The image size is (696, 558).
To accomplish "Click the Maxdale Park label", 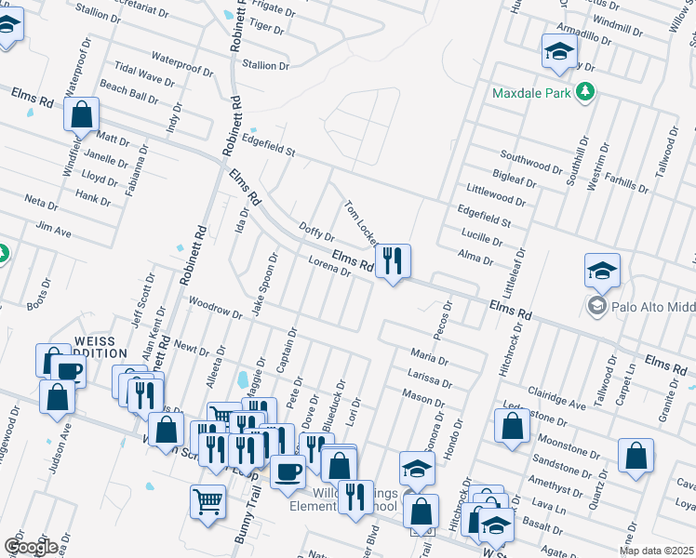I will [x=532, y=93].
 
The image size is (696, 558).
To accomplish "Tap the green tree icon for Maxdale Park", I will [x=585, y=92].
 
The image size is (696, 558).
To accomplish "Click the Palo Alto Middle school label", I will [x=652, y=306].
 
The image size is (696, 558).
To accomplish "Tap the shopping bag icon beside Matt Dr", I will [x=82, y=115].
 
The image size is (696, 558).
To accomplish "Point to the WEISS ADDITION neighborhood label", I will [x=100, y=347].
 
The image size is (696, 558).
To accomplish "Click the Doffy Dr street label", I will [x=317, y=232].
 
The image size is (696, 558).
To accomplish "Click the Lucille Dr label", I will [x=480, y=238].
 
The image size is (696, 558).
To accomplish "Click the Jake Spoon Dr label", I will [x=263, y=284].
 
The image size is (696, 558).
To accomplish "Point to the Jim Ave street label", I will [x=53, y=229].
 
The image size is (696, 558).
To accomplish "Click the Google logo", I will [x=30, y=547].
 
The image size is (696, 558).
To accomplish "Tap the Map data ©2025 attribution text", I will [x=657, y=551].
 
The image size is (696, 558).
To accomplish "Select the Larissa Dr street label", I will [x=429, y=377].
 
